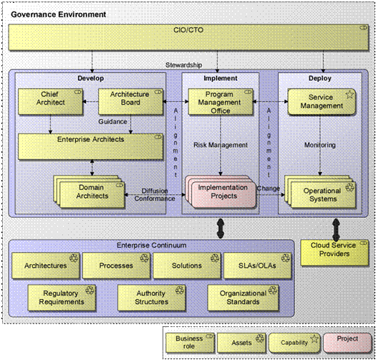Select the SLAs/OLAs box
pyautogui.click(x=254, y=265)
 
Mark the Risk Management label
pyautogui.click(x=220, y=145)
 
